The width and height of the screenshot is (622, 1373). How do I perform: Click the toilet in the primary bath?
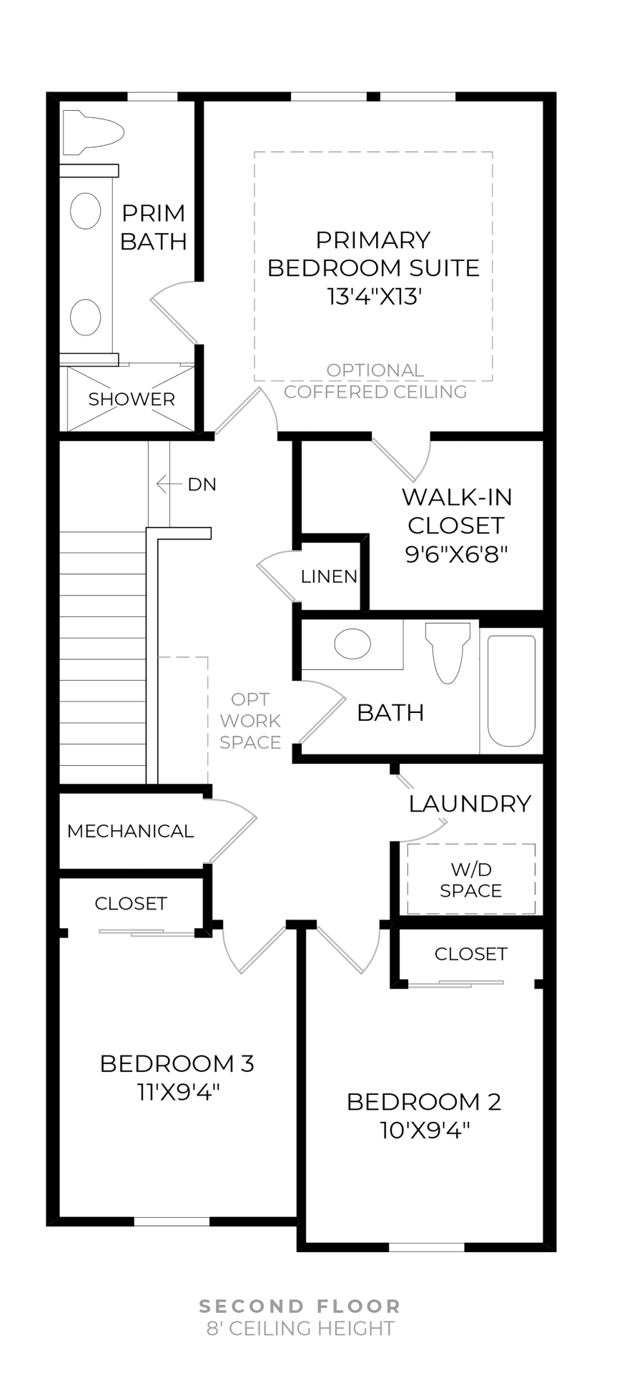[x=92, y=132]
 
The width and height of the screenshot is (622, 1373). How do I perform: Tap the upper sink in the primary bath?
[x=85, y=210]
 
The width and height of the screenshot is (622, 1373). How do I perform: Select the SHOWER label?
[x=132, y=399]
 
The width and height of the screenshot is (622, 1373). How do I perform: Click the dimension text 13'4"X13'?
[x=372, y=297]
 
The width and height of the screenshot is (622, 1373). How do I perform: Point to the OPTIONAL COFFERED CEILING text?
[x=375, y=381]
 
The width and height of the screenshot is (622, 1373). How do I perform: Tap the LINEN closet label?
[x=329, y=576]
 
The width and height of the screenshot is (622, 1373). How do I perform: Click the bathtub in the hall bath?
[x=511, y=690]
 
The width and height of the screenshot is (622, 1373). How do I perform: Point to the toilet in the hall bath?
[x=448, y=652]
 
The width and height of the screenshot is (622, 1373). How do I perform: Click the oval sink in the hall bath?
[x=352, y=644]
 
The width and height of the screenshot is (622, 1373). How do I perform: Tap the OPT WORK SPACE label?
[x=250, y=721]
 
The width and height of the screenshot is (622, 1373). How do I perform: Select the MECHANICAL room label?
[x=130, y=831]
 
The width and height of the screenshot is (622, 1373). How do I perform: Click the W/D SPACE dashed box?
[x=471, y=880]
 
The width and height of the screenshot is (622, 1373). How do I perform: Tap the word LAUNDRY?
[x=470, y=804]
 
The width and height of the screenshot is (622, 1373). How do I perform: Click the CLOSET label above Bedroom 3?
[x=131, y=904]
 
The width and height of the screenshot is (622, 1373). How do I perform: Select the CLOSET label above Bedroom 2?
[x=470, y=954]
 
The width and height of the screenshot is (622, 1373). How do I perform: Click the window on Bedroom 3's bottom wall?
[x=172, y=1221]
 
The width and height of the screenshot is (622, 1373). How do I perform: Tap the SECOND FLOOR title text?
[x=300, y=1306]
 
